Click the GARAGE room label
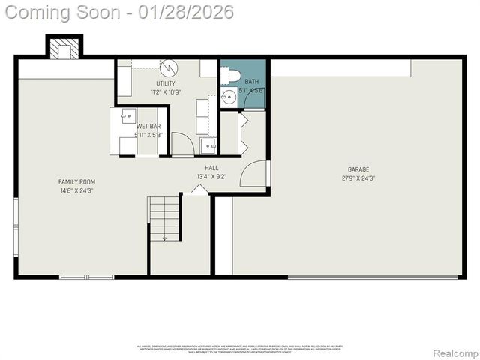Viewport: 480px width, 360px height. [358, 169]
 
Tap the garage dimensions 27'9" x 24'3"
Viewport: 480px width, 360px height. [358, 178]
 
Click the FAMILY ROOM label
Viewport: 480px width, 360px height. [76, 181]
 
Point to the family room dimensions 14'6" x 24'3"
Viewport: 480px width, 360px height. [76, 190]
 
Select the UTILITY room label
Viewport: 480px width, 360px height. [166, 83]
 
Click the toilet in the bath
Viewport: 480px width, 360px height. [232, 75]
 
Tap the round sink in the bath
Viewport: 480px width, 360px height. [229, 97]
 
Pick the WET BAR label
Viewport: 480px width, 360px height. [148, 127]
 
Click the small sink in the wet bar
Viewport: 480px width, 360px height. [128, 115]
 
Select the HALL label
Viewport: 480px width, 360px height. [211, 169]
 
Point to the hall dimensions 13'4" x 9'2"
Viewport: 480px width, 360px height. [211, 177]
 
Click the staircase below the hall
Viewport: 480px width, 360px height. [164, 218]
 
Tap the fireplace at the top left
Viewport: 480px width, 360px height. [64, 49]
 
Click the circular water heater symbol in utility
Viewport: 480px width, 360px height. [169, 67]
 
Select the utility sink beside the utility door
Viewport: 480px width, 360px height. [208, 145]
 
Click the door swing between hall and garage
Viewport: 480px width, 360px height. [255, 174]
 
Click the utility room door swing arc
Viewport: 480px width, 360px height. [182, 144]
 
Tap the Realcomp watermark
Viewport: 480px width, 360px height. [456, 352]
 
